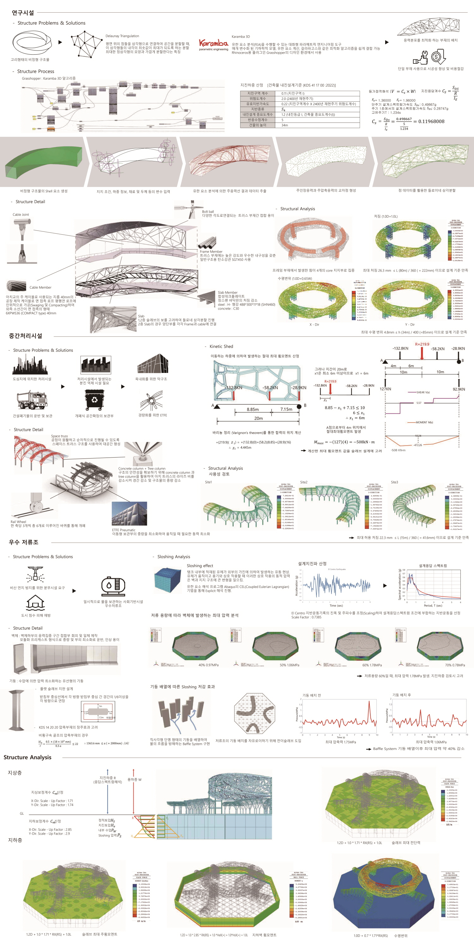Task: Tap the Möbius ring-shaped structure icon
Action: pyautogui.click(x=30, y=42)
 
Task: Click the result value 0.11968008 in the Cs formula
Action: pyautogui.click(x=429, y=121)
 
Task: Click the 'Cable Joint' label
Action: pyautogui.click(x=21, y=214)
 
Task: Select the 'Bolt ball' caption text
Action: pyautogui.click(x=208, y=211)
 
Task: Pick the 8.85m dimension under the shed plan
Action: pyautogui.click(x=252, y=409)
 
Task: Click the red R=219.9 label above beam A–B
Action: pyautogui.click(x=422, y=345)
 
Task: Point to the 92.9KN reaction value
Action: pyautogui.click(x=459, y=389)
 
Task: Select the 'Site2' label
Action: pyautogui.click(x=304, y=482)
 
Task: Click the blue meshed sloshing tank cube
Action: pyautogui.click(x=167, y=580)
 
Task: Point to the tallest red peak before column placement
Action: pyautogui.click(x=369, y=703)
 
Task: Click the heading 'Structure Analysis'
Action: pyautogui.click(x=27, y=757)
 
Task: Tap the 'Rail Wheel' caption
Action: pyautogui.click(x=18, y=522)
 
